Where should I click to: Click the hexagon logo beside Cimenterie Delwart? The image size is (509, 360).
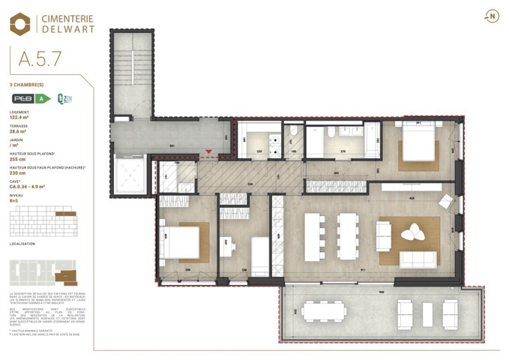(20, 24)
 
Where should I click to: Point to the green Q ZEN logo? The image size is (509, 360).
(64, 98)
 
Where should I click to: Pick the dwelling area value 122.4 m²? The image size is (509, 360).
(19, 118)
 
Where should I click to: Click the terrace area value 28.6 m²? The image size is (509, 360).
(18, 131)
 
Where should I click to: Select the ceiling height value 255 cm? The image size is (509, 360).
(17, 159)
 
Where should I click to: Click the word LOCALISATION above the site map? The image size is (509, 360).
(23, 244)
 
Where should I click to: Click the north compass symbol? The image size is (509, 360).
(492, 16)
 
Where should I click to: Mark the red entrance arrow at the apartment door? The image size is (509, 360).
(208, 152)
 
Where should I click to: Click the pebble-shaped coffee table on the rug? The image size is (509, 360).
(412, 234)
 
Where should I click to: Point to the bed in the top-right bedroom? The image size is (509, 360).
(417, 145)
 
